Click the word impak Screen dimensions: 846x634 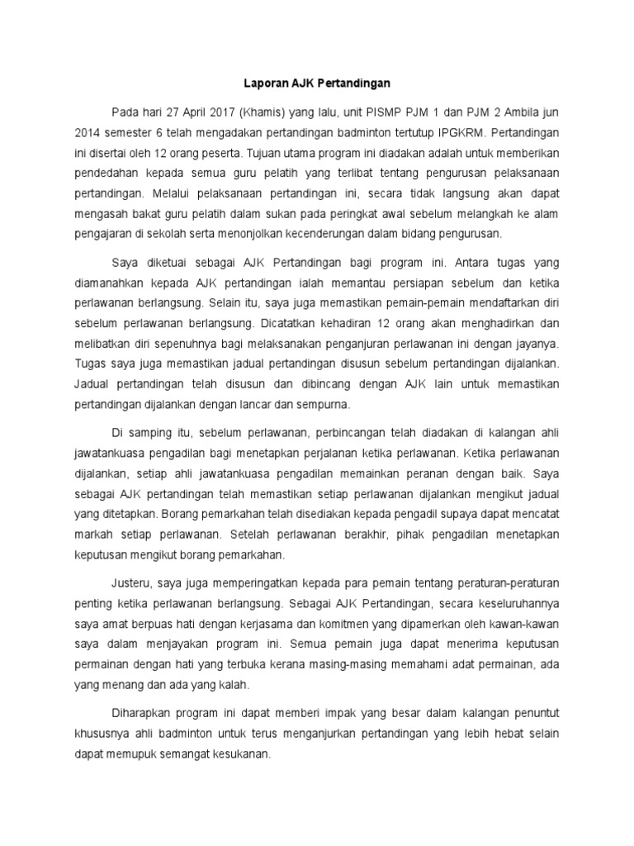(x=315, y=712)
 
